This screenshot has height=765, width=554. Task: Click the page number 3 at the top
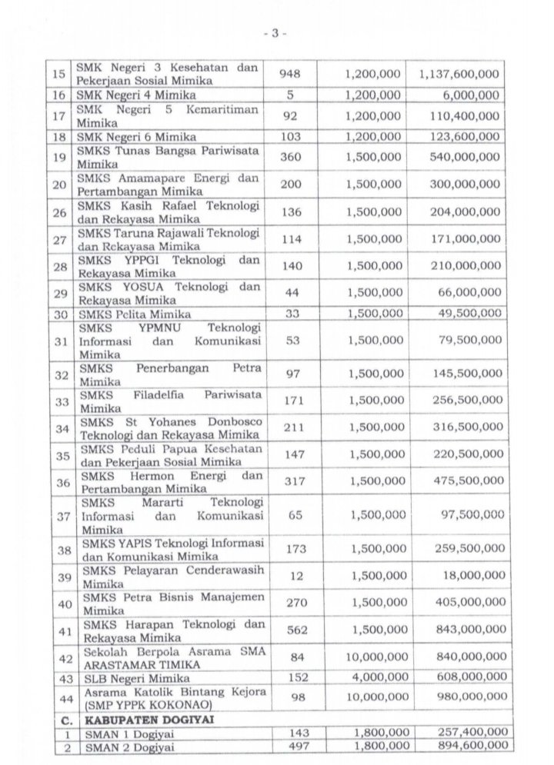(x=274, y=34)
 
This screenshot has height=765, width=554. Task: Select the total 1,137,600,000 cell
(x=459, y=74)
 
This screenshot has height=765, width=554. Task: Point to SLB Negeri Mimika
(x=125, y=677)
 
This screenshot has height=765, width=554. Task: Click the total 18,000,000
(x=467, y=577)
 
